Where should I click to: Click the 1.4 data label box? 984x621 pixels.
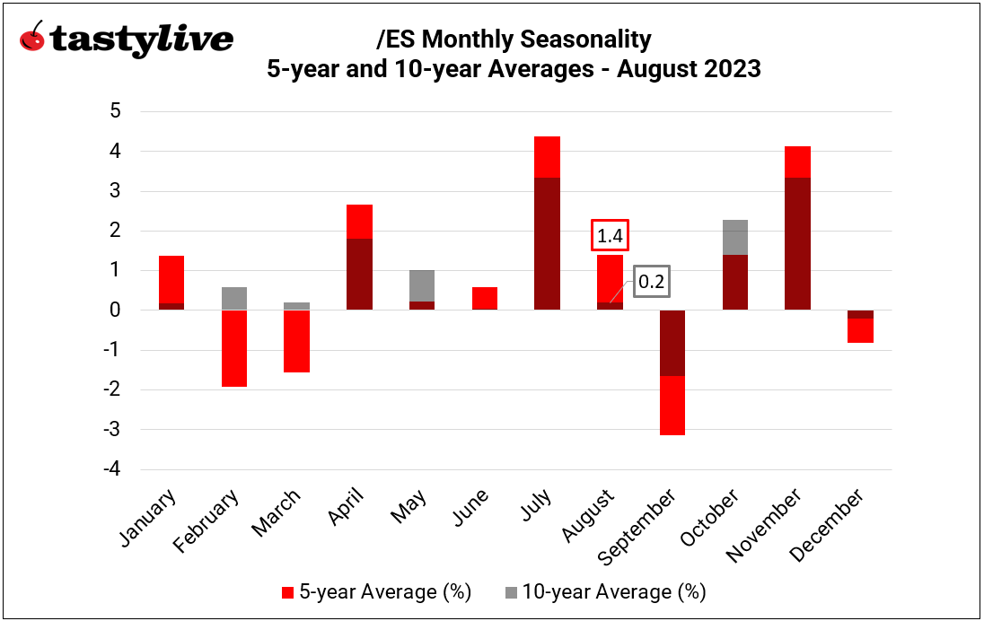609,236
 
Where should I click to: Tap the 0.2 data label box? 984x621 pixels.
650,282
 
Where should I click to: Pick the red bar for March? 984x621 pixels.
296,341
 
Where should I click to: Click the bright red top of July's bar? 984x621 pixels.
547,157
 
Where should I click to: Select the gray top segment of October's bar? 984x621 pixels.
734,237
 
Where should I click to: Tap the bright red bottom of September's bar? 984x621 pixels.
672,406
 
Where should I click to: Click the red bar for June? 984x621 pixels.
484,298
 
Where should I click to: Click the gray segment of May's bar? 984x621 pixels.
421,285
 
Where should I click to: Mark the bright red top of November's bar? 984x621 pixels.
796,162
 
